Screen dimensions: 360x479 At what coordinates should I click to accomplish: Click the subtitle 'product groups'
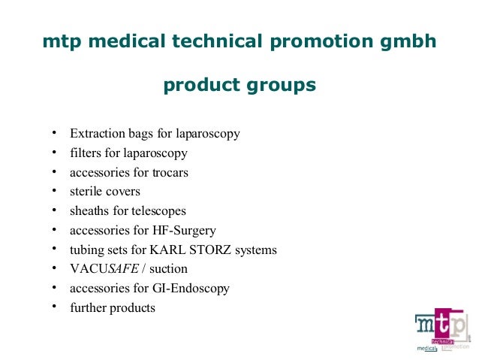click(239, 86)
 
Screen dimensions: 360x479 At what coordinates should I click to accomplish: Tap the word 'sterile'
click(86, 191)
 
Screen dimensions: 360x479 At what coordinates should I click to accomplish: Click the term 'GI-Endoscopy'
click(191, 288)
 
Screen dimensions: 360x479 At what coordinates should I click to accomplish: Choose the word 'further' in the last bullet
click(88, 307)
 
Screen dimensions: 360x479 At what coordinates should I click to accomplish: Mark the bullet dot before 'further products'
click(54, 306)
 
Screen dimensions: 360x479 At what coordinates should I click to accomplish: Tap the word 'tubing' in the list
click(87, 250)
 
